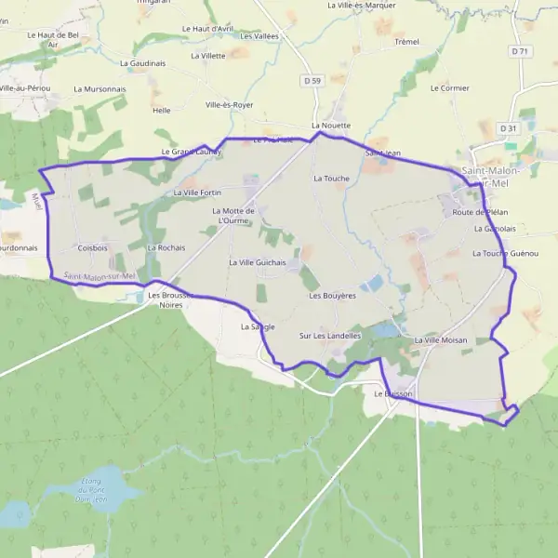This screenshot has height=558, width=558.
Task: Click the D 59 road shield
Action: pos(312,82)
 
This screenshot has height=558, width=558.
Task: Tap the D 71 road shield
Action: pos(521,52)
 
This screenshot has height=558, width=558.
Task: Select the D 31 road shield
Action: pos(507,128)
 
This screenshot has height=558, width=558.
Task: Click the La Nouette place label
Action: pos(331,125)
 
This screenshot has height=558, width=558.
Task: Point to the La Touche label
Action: pos(331,178)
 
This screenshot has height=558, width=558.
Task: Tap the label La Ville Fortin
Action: pos(198,193)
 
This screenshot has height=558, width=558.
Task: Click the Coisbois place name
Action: pos(93,248)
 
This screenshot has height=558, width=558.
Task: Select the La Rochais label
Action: pos(166,248)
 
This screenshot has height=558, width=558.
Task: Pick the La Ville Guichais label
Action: pos(258,263)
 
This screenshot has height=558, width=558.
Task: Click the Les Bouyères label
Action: pos(333,296)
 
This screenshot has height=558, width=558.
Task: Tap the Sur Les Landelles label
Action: pos(330,335)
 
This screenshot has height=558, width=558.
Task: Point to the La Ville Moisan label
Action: pos(441,340)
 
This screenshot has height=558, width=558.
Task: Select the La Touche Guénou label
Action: pos(506,254)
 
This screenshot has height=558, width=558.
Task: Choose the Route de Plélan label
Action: pos(480,213)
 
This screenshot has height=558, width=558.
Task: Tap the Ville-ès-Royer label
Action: pos(230,105)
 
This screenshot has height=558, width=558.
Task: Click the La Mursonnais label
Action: pos(97,89)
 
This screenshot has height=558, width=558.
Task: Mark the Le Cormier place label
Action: pos(450,88)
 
